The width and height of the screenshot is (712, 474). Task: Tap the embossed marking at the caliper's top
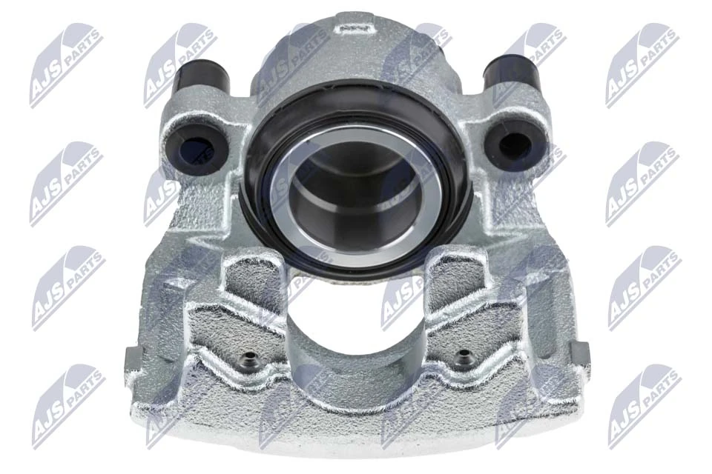click(x=349, y=27)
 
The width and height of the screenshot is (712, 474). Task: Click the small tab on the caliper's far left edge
click(x=131, y=358)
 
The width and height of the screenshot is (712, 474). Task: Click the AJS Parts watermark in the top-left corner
click(x=66, y=65)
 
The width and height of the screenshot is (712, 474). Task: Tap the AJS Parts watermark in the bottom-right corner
click(x=644, y=406)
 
